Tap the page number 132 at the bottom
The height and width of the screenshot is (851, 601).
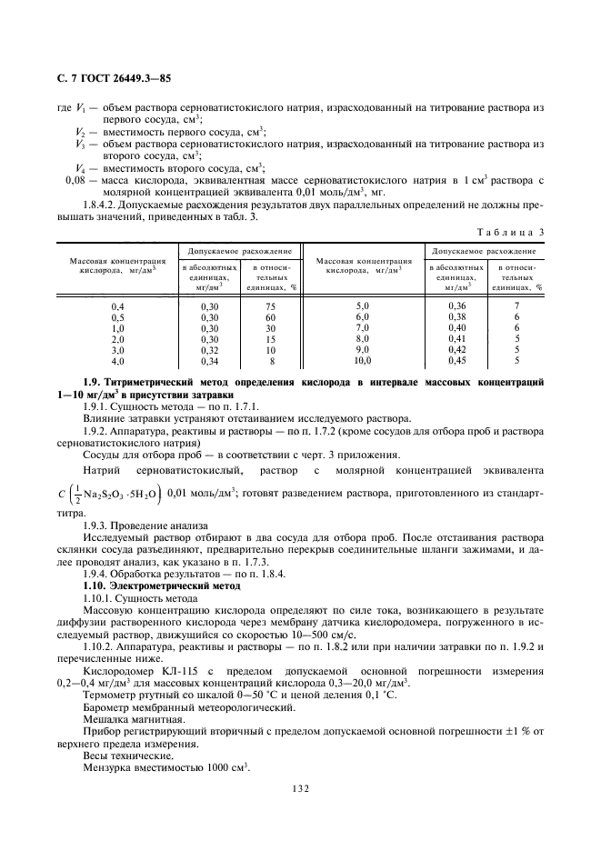coord(300,787)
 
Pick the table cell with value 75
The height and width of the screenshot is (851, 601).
coord(270,306)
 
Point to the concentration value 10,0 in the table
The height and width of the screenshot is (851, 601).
coord(363,361)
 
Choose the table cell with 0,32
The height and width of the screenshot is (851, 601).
coord(210,350)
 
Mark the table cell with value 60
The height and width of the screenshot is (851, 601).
coord(270,317)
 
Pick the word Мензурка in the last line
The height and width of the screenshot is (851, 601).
coord(110,766)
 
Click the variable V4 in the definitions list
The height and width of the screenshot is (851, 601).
coord(81,167)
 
